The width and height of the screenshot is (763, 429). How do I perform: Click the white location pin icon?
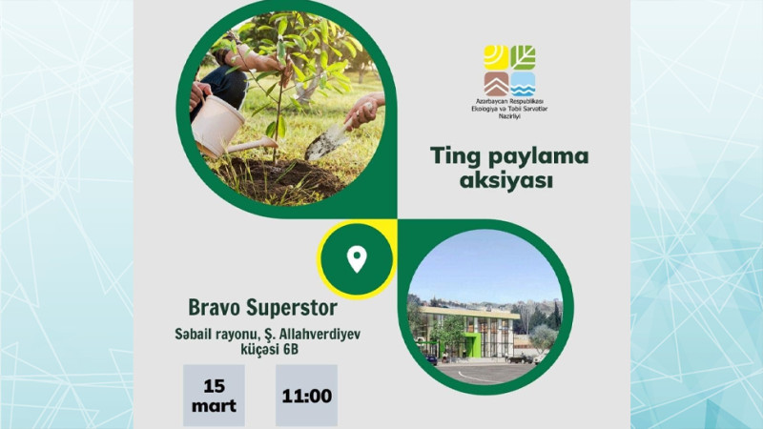coord(357,258)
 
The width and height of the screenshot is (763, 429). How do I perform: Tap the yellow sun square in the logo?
coord(496,57)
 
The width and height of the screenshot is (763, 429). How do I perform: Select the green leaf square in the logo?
coord(523,57)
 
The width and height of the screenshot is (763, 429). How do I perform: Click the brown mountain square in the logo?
coord(496,84)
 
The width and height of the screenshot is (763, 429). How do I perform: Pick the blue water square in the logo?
coord(523,84)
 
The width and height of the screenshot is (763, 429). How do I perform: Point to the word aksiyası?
coord(506,181)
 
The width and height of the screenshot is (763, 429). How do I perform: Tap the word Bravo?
coord(215,307)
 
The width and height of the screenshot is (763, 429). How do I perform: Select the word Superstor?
coord(292,307)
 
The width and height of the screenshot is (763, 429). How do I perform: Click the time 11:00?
coord(306,396)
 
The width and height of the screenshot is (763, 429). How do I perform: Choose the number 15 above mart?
coord(214,386)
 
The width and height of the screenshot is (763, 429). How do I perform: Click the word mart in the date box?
coord(214,406)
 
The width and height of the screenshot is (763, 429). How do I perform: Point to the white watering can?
coord(224,128)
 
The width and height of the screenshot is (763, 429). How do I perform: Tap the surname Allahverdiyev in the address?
coord(319,335)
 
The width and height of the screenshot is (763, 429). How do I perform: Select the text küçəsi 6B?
coord(270,350)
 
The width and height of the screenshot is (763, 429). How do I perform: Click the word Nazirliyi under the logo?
coord(509,116)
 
